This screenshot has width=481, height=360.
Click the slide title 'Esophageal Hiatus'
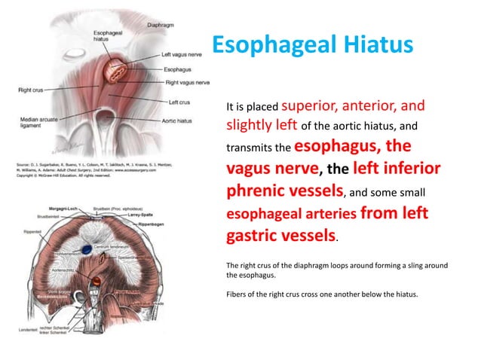(311, 44)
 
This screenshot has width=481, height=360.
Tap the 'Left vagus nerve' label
(183, 55)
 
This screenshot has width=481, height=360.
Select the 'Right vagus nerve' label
(187, 81)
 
